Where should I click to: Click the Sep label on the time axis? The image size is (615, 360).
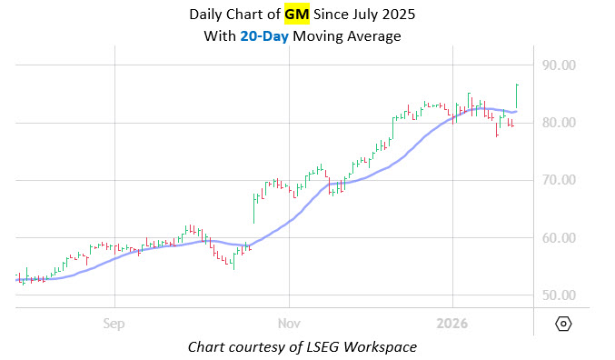(114, 323)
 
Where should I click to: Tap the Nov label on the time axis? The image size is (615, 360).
(289, 323)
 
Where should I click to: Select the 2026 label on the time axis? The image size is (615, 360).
(452, 323)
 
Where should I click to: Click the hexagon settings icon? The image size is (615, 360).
(563, 324)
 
